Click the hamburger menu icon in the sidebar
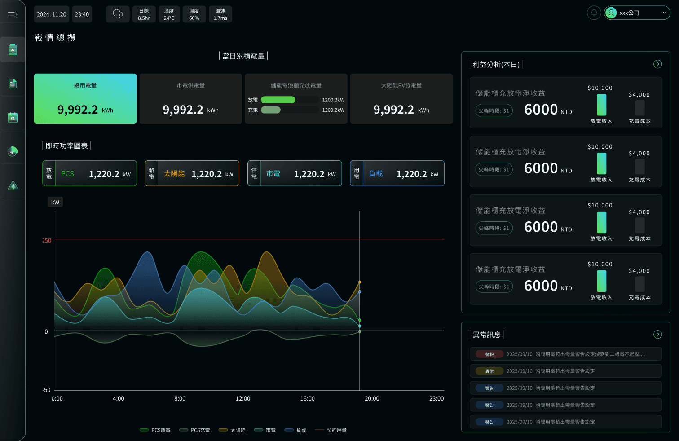pyautogui.click(x=13, y=14)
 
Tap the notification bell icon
pyautogui.click(x=594, y=13)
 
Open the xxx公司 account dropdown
pyautogui.click(x=637, y=13)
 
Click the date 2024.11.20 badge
pyautogui.click(x=51, y=14)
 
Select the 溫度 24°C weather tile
pyautogui.click(x=169, y=14)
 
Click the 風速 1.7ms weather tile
pyautogui.click(x=220, y=14)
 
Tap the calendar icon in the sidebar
pyautogui.click(x=13, y=118)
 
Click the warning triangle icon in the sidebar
pyautogui.click(x=13, y=185)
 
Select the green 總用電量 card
pyautogui.click(x=85, y=99)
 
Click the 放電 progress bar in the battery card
pyautogui.click(x=278, y=100)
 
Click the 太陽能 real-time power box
pyautogui.click(x=192, y=173)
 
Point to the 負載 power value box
pyautogui.click(x=397, y=173)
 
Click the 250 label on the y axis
pyautogui.click(x=47, y=241)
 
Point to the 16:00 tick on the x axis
pyautogui.click(x=308, y=399)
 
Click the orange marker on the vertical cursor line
pyautogui.click(x=360, y=282)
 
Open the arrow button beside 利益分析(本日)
pyautogui.click(x=657, y=64)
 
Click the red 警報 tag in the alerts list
pyautogui.click(x=489, y=354)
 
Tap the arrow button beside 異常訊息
pyautogui.click(x=657, y=335)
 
